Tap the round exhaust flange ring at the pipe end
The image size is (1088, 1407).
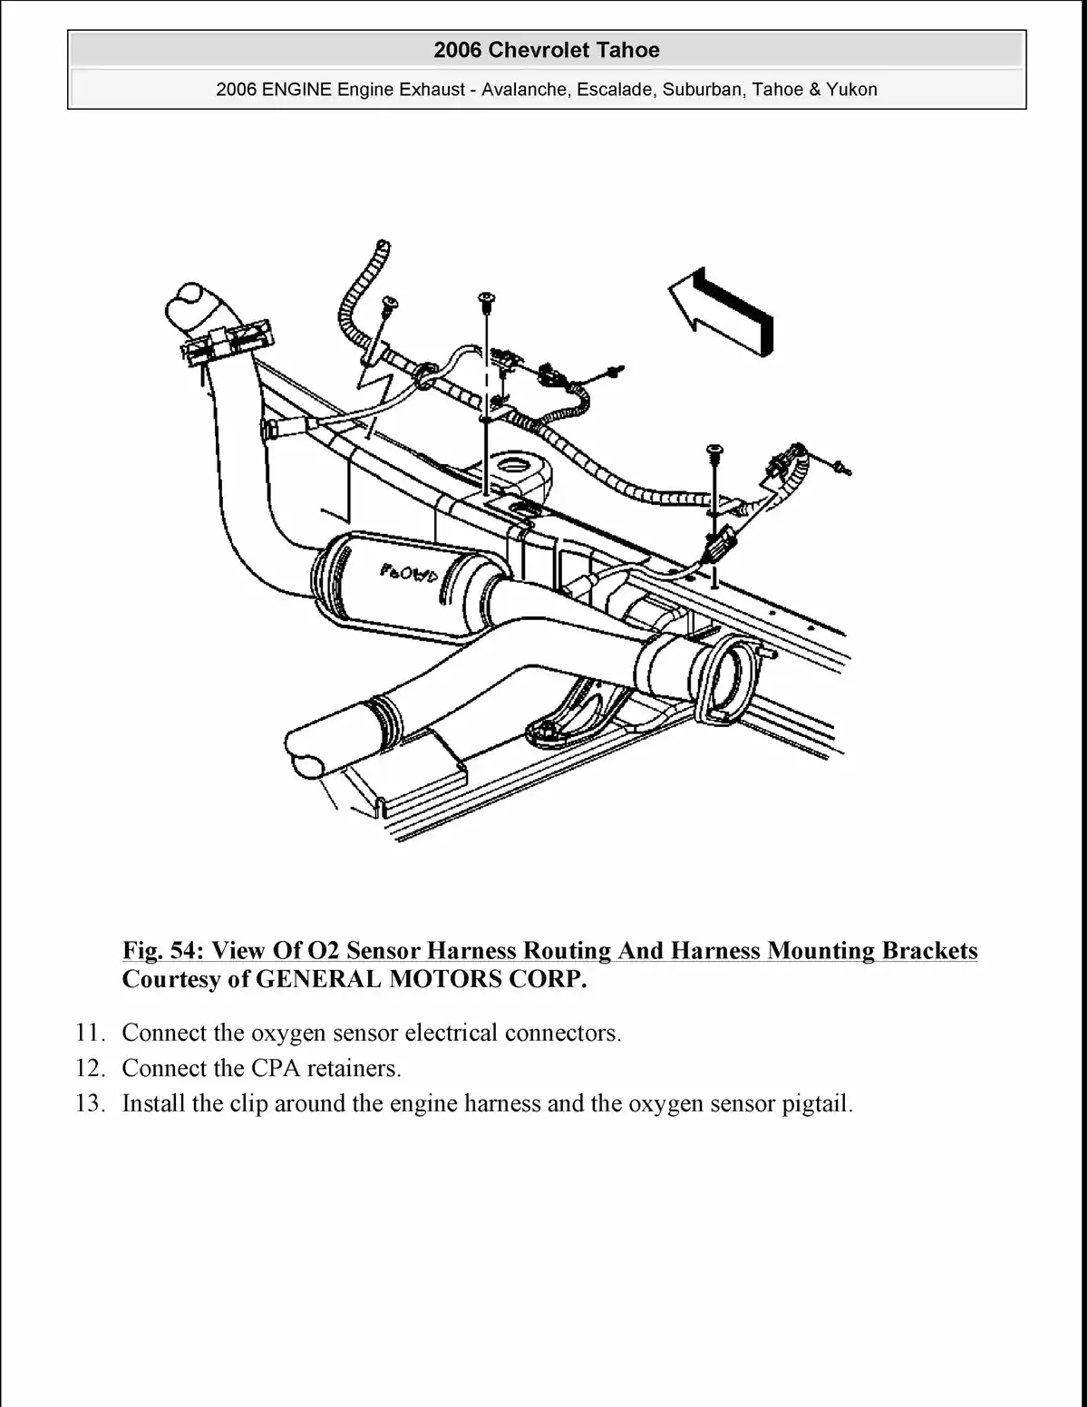point(731,675)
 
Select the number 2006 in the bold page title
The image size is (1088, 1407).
point(458,50)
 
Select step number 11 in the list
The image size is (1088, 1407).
point(91,1033)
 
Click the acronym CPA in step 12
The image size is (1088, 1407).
point(275,1069)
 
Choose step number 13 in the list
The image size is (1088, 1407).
point(91,1104)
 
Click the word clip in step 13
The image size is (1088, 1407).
point(250,1104)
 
